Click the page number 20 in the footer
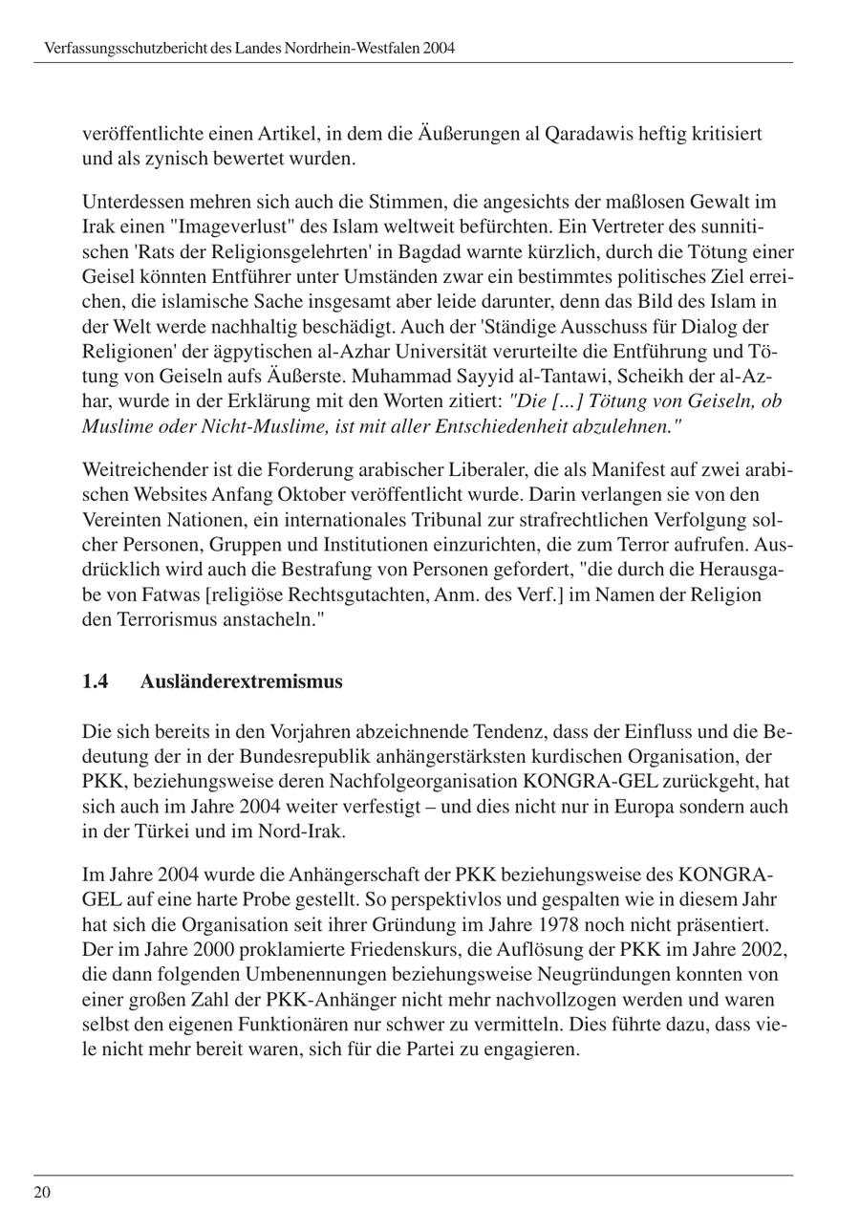coord(42,1192)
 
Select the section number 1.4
coord(95,681)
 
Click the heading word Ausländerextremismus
coord(241,681)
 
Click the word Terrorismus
coord(175,619)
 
